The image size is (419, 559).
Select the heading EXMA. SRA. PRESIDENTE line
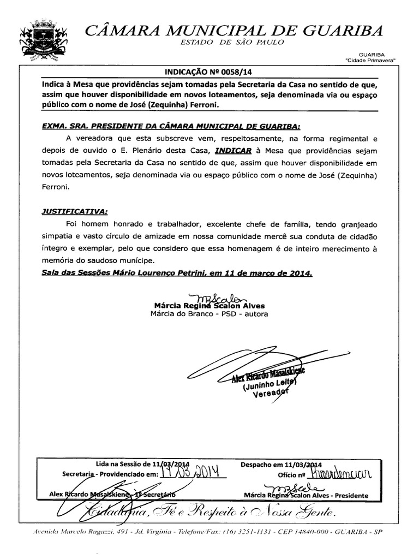pos(171,125)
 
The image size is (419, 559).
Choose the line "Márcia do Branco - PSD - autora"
pos(209,314)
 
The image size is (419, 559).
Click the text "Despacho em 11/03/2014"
pos(282,463)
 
